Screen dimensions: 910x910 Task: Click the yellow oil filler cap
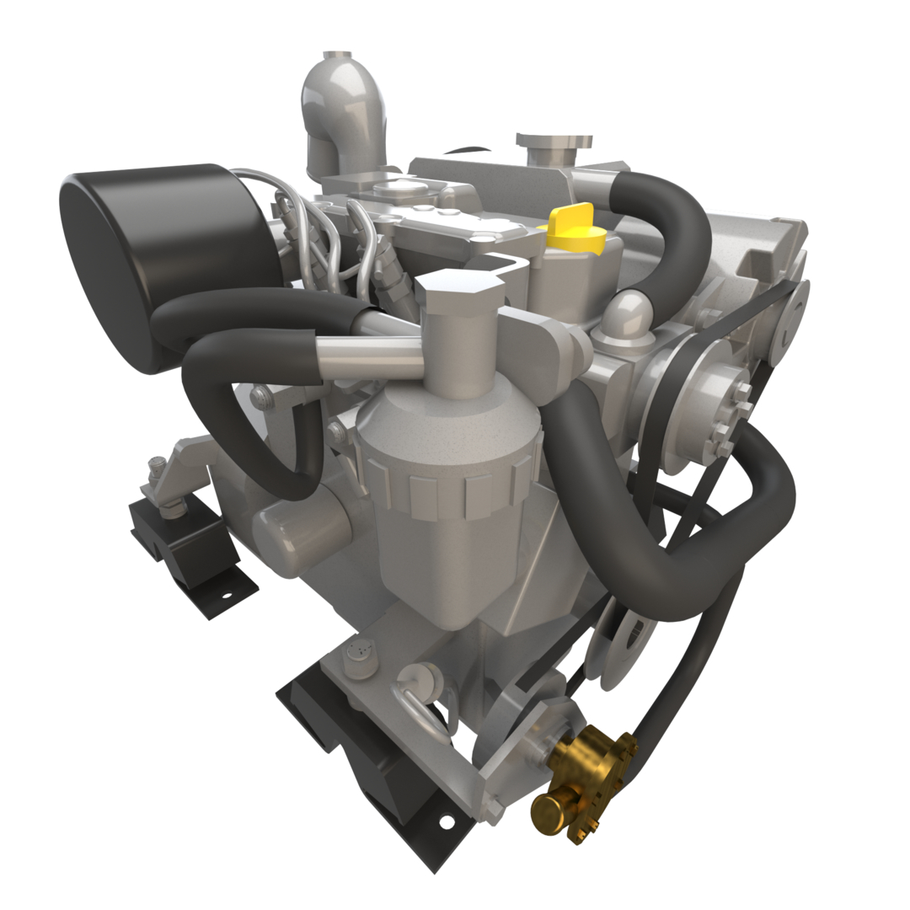pyautogui.click(x=576, y=228)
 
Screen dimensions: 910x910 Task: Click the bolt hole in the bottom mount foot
pyautogui.click(x=446, y=820)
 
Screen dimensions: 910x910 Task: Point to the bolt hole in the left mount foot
pyautogui.click(x=226, y=597)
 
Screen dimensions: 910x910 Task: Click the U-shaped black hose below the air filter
pyautogui.click(x=253, y=421)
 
